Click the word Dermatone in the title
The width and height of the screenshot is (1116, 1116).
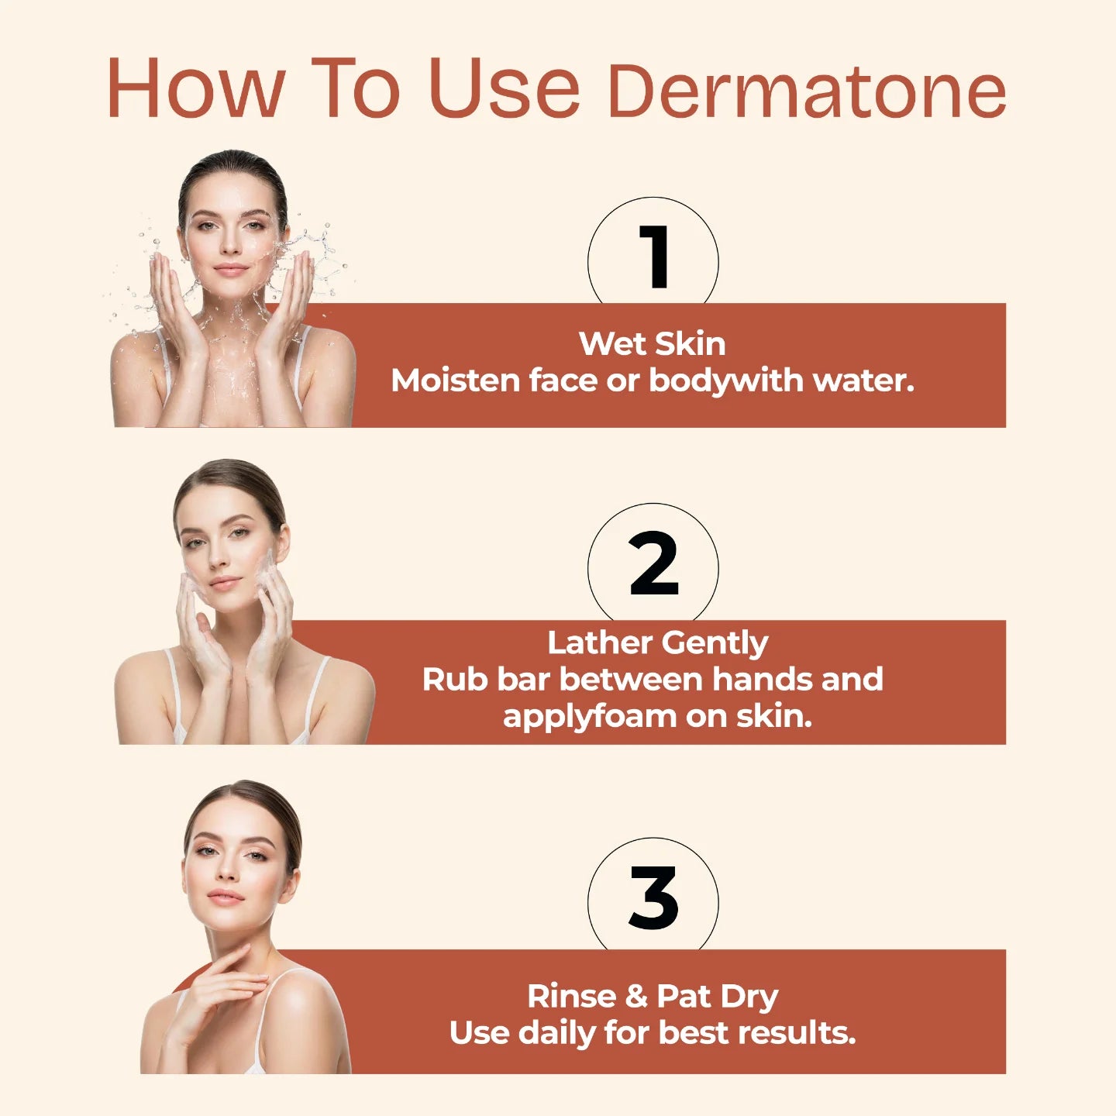pos(807,91)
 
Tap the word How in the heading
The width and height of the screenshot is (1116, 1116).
pos(196,88)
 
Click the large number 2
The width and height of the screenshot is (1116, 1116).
pos(654,563)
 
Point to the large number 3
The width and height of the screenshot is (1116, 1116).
pos(653,897)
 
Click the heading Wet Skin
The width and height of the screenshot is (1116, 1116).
pos(652,343)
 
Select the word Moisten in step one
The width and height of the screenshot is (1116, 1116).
pos(455,381)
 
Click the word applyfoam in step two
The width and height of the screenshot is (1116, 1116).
pos(590,717)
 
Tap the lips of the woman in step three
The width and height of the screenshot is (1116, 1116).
pos(226,897)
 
